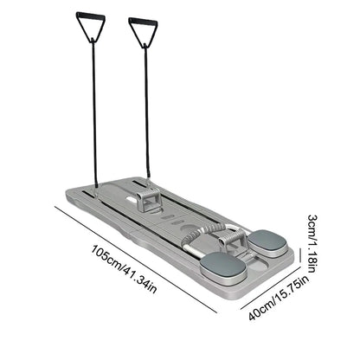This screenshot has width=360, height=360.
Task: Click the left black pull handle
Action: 89,27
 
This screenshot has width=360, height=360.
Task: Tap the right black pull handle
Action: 143,32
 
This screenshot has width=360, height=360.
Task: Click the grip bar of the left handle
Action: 89,15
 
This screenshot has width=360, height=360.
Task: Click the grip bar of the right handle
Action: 143,20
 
